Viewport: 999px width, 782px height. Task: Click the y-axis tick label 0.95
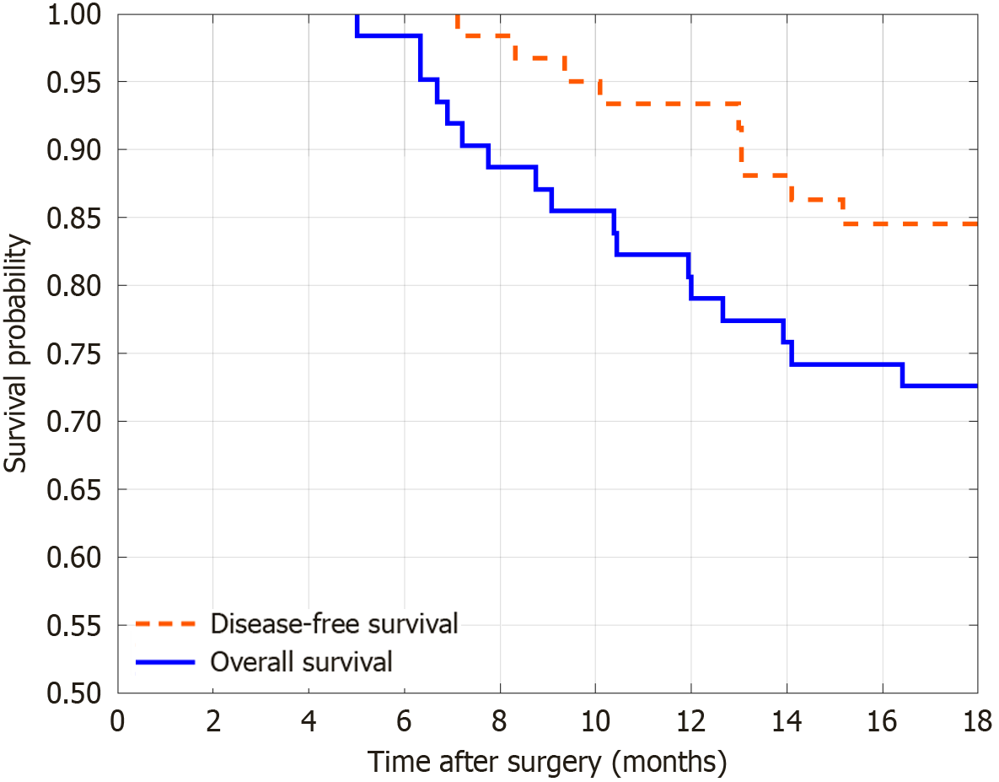pyautogui.click(x=75, y=83)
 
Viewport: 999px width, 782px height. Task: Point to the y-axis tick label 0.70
pyautogui.click(x=75, y=422)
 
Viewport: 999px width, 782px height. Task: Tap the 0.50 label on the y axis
pyautogui.click(x=75, y=693)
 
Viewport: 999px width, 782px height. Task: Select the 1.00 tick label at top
pyautogui.click(x=75, y=16)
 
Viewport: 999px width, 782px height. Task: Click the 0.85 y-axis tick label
pyautogui.click(x=75, y=218)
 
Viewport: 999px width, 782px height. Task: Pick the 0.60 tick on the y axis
pyautogui.click(x=75, y=558)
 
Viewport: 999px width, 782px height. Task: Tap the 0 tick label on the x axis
pyautogui.click(x=117, y=722)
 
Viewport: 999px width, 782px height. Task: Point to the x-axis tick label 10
pyautogui.click(x=595, y=722)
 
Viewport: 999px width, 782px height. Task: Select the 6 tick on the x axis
pyautogui.click(x=404, y=722)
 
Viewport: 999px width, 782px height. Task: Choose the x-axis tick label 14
pyautogui.click(x=787, y=722)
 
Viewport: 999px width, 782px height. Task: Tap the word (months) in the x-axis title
pyautogui.click(x=669, y=763)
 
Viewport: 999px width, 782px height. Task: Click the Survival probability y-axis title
pyautogui.click(x=18, y=353)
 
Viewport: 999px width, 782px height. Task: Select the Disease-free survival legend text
pyautogui.click(x=334, y=624)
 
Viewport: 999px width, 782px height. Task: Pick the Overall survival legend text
pyautogui.click(x=301, y=661)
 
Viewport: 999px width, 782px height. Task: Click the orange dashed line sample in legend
pyautogui.click(x=164, y=625)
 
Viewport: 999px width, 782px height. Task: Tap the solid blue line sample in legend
pyautogui.click(x=164, y=662)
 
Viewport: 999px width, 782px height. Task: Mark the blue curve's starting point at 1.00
pyautogui.click(x=357, y=16)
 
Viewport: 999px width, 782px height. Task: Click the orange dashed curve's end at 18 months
pyautogui.click(x=976, y=224)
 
